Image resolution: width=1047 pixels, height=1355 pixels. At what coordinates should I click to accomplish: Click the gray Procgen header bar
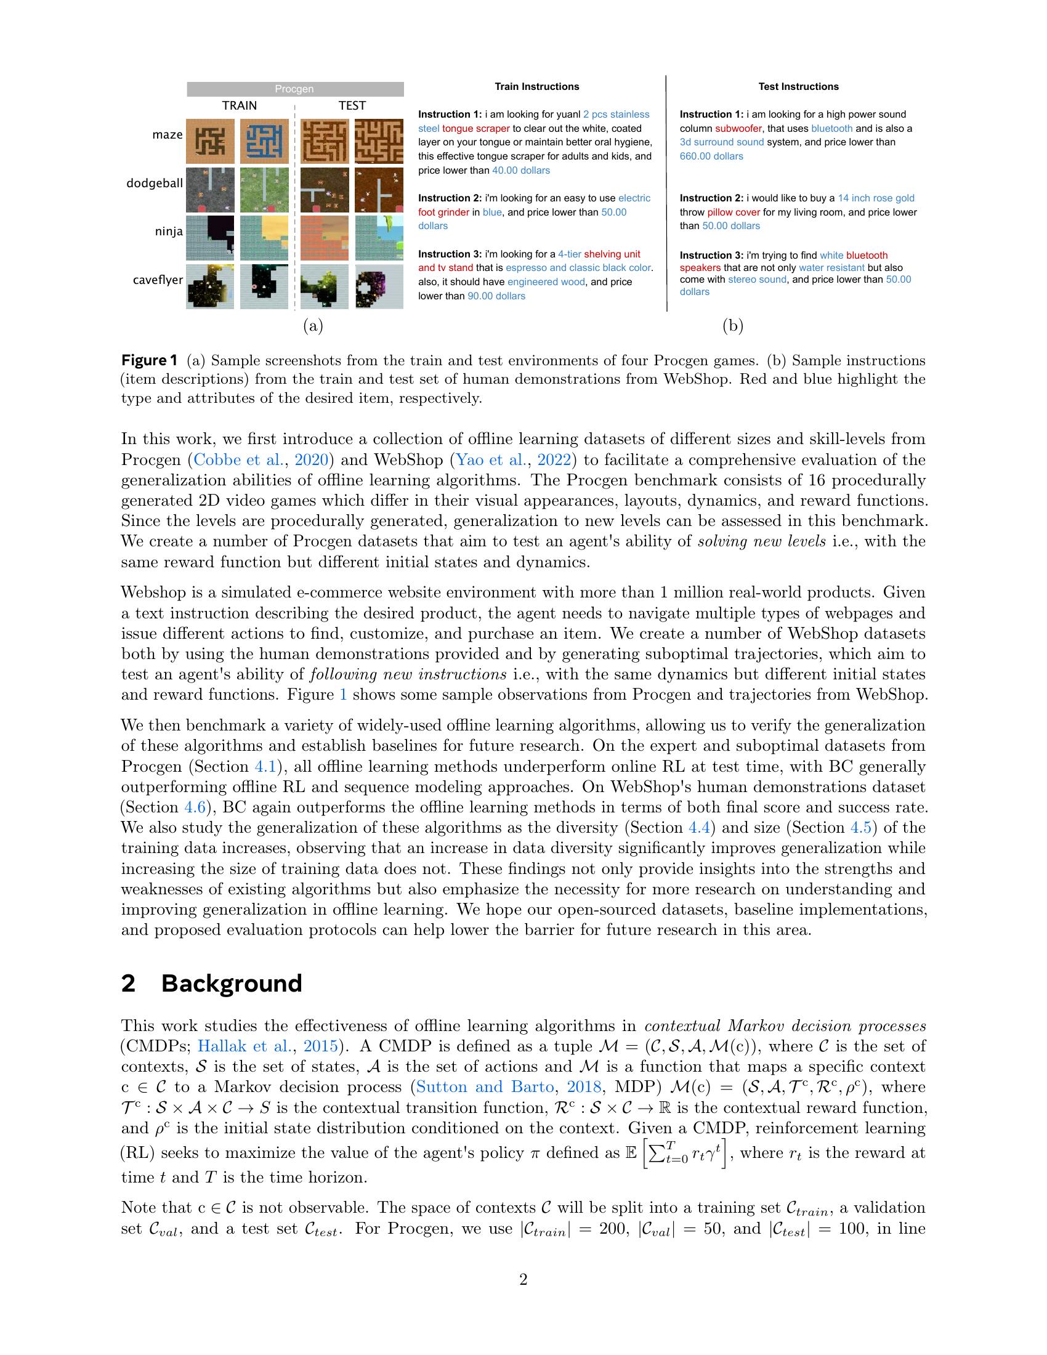[x=294, y=89]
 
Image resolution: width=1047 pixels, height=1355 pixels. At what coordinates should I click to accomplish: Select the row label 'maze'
[x=168, y=135]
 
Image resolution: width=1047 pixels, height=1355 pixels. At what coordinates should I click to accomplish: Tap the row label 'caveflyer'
[x=158, y=280]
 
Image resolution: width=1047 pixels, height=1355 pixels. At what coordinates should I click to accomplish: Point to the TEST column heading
[x=352, y=105]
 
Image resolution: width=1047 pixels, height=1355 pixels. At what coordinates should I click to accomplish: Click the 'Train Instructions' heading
[x=536, y=87]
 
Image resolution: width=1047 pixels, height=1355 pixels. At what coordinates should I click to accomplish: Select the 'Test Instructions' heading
[x=798, y=87]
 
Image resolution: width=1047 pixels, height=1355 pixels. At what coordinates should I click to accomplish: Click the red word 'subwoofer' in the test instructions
[x=738, y=129]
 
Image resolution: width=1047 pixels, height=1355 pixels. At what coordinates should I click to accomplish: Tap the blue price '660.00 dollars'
[x=711, y=156]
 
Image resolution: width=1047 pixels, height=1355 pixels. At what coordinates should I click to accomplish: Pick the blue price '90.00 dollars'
[x=496, y=296]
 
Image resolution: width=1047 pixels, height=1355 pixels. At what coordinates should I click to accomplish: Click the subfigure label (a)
[x=313, y=326]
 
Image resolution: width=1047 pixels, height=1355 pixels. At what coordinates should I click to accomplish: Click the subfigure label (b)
[x=732, y=326]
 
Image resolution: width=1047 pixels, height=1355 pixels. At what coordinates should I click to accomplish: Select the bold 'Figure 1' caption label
[x=150, y=360]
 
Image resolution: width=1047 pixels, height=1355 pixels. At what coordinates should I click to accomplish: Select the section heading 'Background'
[x=232, y=984]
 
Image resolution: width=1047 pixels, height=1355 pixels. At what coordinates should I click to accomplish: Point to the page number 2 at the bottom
[x=523, y=1279]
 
